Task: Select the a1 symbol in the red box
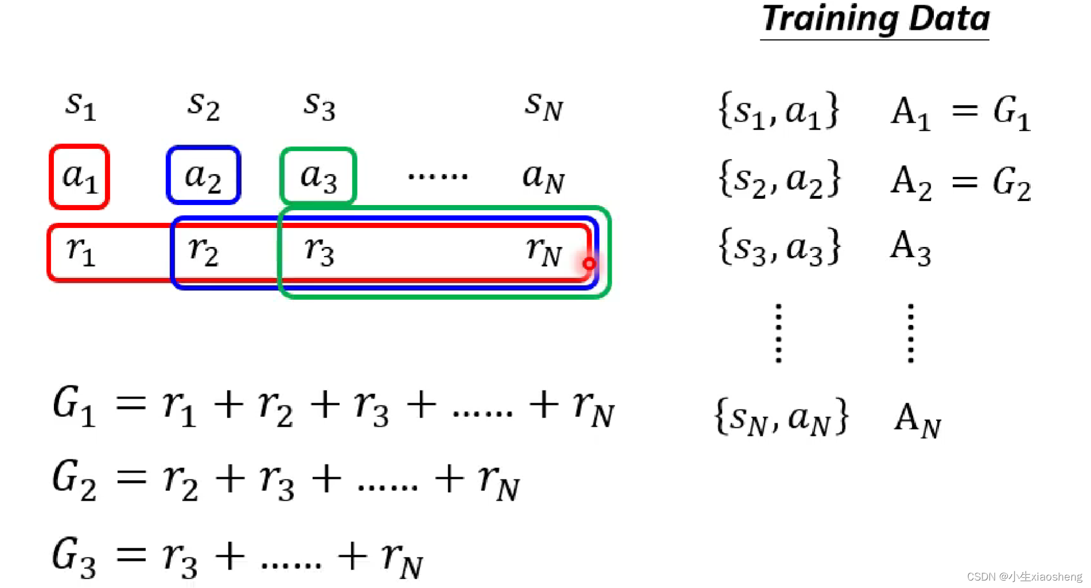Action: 80,176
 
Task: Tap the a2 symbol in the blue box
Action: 203,176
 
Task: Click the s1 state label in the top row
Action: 80,106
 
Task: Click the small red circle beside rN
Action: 589,264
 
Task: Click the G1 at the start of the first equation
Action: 73,407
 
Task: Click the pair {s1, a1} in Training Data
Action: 779,111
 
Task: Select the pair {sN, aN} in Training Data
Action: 781,417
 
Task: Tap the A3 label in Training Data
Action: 910,247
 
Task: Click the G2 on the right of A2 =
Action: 1012,183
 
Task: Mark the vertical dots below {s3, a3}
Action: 778,333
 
